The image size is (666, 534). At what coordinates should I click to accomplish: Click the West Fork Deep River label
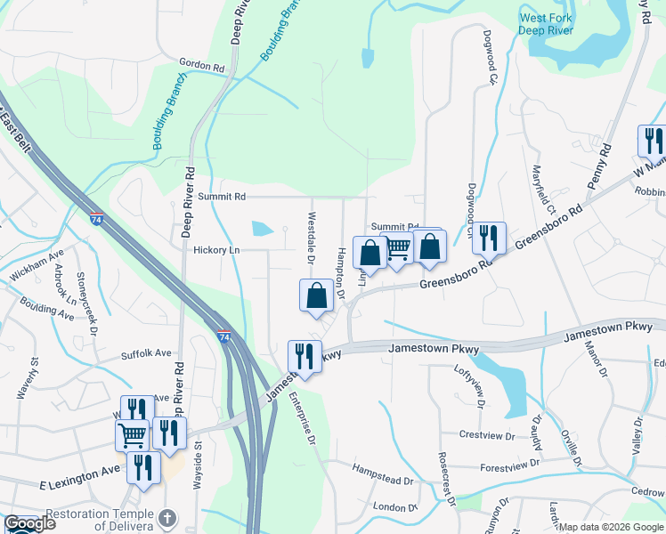pyautogui.click(x=547, y=24)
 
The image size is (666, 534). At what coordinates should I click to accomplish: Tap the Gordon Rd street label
pyautogui.click(x=200, y=66)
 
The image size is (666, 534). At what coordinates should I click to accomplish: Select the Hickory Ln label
pyautogui.click(x=217, y=250)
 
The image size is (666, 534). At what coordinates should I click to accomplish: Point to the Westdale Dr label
pyautogui.click(x=312, y=238)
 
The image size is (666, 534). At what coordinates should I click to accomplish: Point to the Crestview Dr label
pyautogui.click(x=487, y=435)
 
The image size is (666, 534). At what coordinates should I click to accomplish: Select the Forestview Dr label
pyautogui.click(x=508, y=465)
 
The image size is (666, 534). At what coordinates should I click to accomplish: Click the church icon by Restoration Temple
pyautogui.click(x=166, y=517)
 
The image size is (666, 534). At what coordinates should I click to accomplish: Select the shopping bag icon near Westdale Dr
pyautogui.click(x=316, y=295)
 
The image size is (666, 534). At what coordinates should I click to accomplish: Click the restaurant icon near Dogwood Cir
pyautogui.click(x=489, y=237)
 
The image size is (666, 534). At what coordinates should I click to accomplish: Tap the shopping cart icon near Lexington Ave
pyautogui.click(x=132, y=435)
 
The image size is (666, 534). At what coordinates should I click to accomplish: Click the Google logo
pyautogui.click(x=28, y=523)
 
